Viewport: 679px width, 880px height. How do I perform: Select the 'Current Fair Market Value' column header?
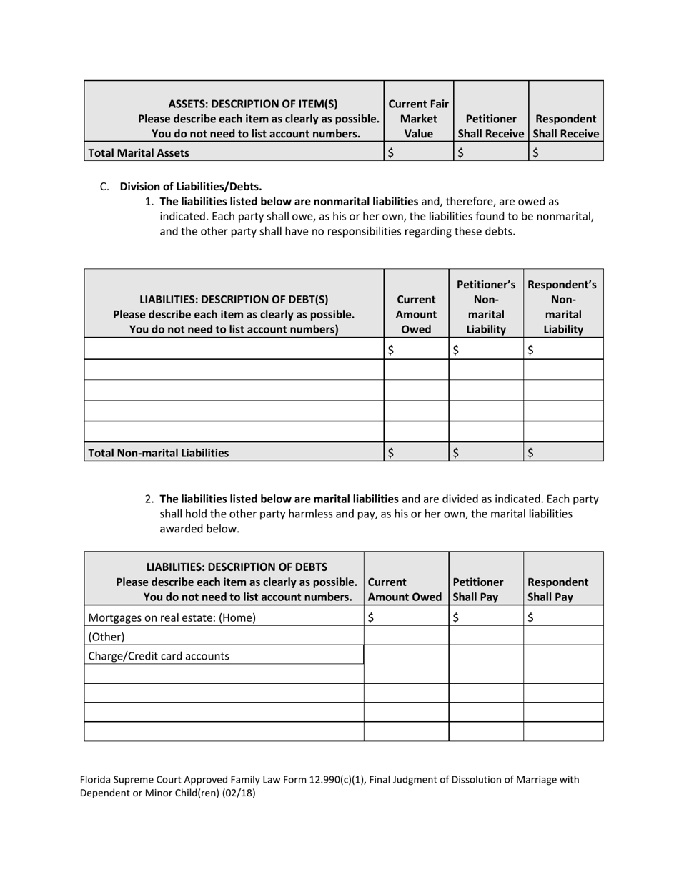point(419,119)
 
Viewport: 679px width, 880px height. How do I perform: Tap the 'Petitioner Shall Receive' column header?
point(490,126)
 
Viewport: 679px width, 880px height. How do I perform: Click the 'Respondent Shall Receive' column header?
point(565,126)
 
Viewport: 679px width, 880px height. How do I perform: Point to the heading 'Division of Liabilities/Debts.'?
point(190,187)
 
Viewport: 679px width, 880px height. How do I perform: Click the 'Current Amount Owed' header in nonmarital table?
point(416,314)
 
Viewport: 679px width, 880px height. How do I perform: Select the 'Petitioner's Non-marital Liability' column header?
point(486,307)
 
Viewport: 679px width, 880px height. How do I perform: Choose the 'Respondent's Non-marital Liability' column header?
point(562,307)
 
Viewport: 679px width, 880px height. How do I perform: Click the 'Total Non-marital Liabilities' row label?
point(158,452)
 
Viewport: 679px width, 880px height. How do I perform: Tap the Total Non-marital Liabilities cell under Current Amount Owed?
point(416,452)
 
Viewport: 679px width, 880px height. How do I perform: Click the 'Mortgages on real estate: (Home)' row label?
point(172,617)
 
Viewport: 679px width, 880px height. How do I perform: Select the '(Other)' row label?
point(106,636)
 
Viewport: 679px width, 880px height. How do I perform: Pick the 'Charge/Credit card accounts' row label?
point(159,655)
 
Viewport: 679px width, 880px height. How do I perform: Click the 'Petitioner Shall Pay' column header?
point(478,589)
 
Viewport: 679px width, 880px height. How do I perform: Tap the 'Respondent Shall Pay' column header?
point(557,589)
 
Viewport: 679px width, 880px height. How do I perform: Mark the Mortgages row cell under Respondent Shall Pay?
point(563,617)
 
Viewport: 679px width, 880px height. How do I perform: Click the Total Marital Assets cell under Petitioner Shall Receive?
point(490,152)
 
